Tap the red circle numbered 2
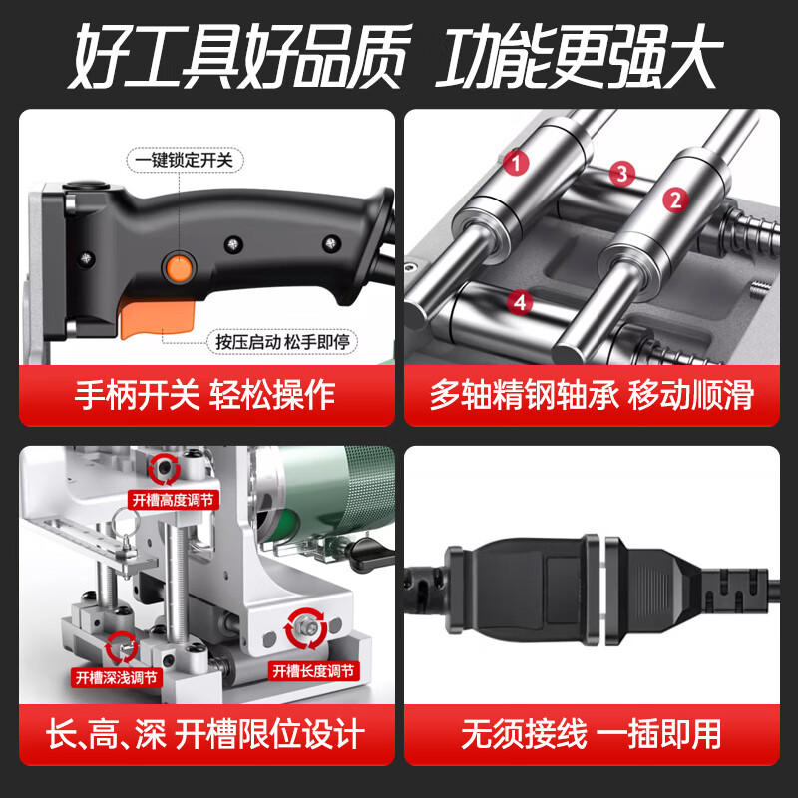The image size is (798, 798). point(675,199)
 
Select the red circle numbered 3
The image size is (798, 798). point(622,174)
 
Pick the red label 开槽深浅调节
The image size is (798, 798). point(116,677)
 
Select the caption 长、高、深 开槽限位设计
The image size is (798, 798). point(204,736)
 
